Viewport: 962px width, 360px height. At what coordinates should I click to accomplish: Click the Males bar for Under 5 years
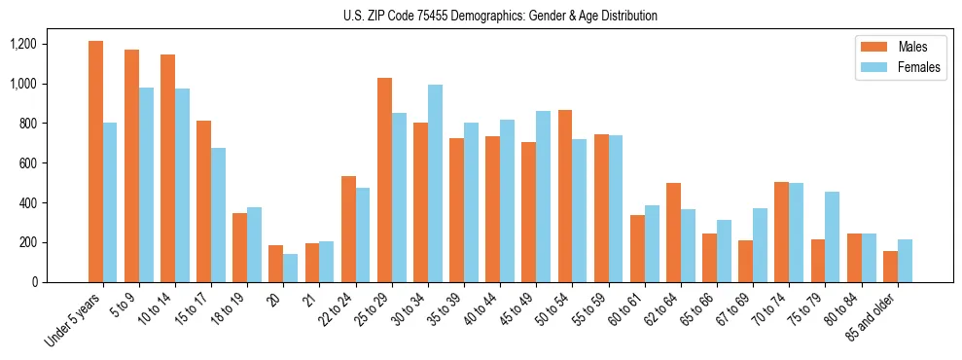pyautogui.click(x=95, y=162)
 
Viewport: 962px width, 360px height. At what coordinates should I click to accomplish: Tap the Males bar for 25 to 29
pyautogui.click(x=384, y=180)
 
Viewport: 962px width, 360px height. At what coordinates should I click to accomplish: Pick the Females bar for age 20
pyautogui.click(x=291, y=268)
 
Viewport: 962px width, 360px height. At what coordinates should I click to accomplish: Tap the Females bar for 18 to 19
pyautogui.click(x=254, y=244)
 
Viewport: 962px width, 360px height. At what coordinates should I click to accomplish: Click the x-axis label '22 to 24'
pyautogui.click(x=338, y=309)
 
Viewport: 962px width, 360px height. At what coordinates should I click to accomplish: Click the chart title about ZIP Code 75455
pyautogui.click(x=500, y=16)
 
